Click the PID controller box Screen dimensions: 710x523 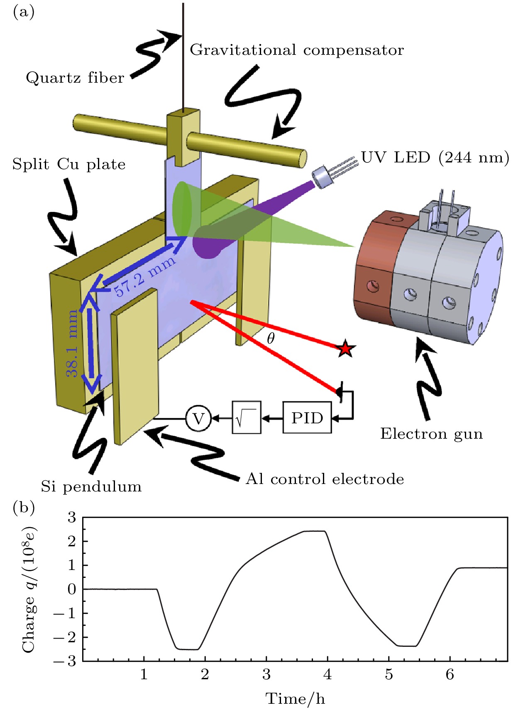[x=307, y=418]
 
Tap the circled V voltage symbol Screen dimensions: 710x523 [x=198, y=418]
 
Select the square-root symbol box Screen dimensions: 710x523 [x=246, y=418]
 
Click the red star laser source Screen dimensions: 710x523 [x=345, y=349]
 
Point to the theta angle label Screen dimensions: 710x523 [x=271, y=339]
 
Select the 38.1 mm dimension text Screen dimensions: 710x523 [x=73, y=344]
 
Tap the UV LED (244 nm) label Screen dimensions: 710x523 [x=435, y=158]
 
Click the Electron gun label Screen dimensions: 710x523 [x=432, y=434]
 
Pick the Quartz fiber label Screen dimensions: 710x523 [x=75, y=78]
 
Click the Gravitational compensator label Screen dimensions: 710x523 [x=297, y=50]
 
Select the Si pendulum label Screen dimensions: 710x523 [x=91, y=486]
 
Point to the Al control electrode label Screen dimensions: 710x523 [x=325, y=479]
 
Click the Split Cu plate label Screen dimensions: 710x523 [x=69, y=164]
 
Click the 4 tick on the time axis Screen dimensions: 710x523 [x=327, y=674]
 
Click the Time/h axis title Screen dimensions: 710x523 [x=295, y=699]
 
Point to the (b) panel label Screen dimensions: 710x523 [x=24, y=507]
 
